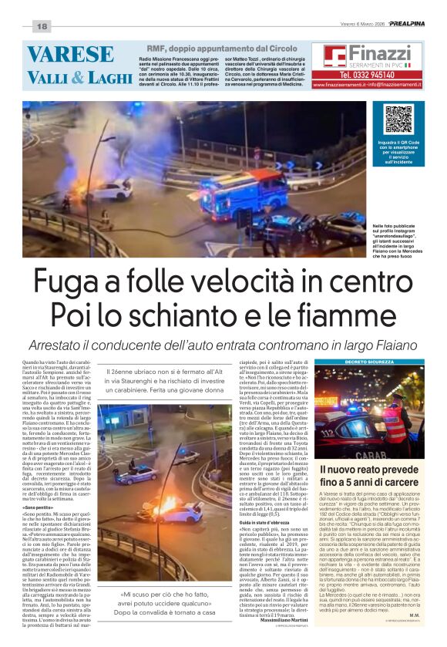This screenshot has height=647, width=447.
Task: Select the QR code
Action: tap(398, 120)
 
